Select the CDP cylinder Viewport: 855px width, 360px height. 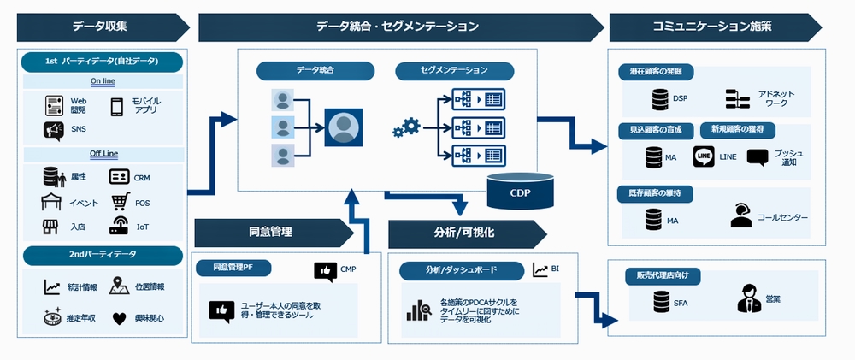(x=520, y=193)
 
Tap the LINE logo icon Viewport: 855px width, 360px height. (x=704, y=157)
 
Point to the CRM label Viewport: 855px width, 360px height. (x=142, y=177)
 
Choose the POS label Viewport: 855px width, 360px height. (x=142, y=203)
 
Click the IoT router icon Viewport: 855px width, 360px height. (x=119, y=227)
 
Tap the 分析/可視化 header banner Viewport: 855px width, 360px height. (x=465, y=232)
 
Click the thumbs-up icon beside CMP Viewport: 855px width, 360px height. (x=325, y=271)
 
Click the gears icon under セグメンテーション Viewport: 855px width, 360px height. (x=406, y=129)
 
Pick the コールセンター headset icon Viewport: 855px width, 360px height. (x=740, y=217)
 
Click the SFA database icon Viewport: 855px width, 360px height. (x=659, y=302)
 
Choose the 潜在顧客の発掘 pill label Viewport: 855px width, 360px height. (x=655, y=71)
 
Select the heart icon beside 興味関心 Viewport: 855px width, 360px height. (x=120, y=317)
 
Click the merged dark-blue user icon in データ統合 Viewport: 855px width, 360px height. (x=345, y=128)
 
